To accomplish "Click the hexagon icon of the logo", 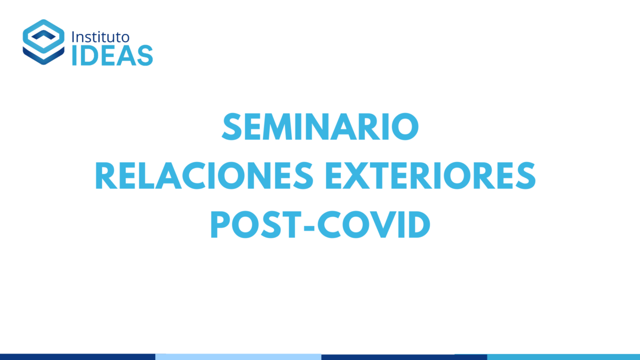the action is pos(43,42).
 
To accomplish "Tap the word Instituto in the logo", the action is pos(101,37).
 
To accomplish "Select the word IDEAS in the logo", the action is pos(113,55).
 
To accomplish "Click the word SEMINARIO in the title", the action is pos(321,126).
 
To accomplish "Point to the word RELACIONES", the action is pos(204,175).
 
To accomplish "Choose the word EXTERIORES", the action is pos(430,175).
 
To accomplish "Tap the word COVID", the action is pos(374,225).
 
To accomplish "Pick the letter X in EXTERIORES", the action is pos(358,175).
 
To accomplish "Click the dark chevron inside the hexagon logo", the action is pos(43,35).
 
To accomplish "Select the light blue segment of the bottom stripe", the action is pos(238,357).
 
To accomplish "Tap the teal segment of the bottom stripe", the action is pos(563,357).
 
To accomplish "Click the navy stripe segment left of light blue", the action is pos(78,357).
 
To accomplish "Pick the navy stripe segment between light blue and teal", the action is pos(404,357).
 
